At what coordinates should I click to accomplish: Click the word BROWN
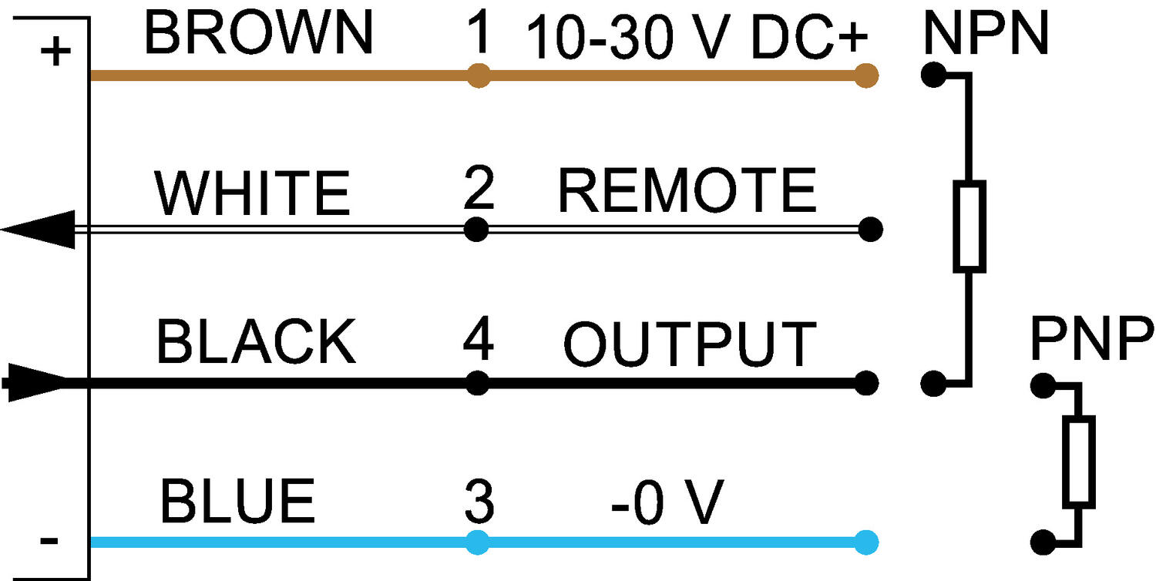tap(258, 35)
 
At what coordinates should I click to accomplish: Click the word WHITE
tap(253, 193)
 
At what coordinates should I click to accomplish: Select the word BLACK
tap(256, 341)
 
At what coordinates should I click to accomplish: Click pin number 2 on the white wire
tap(479, 190)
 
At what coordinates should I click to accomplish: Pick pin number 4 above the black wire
tap(478, 340)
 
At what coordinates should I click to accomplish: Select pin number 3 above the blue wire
tap(479, 501)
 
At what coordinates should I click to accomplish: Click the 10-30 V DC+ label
tap(697, 39)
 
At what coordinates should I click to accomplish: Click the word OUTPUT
tap(690, 344)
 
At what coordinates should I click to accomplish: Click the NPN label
tap(986, 35)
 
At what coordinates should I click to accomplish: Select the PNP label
tap(1092, 340)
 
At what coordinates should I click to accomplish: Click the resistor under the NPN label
tap(969, 227)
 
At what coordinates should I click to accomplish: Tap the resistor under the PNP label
tap(1078, 462)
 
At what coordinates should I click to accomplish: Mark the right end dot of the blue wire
tap(866, 542)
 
